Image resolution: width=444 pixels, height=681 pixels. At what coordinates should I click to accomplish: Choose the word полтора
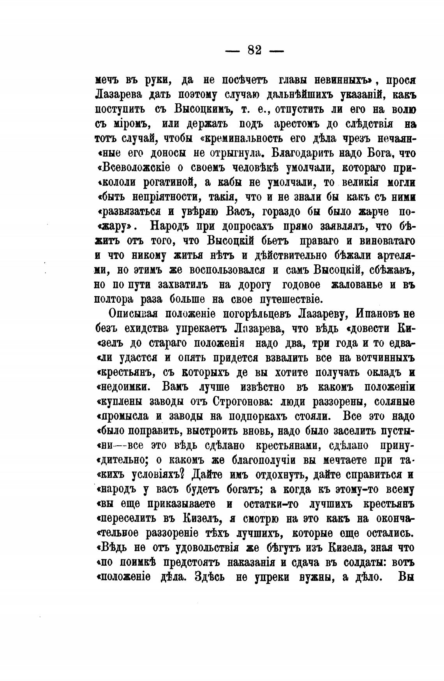click(116, 300)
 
